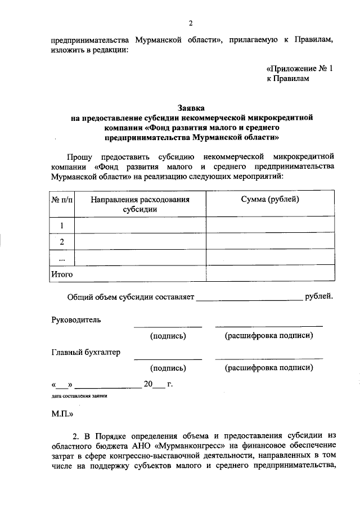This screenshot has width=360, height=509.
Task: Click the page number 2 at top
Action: click(191, 23)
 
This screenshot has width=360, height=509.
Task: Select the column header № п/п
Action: click(62, 199)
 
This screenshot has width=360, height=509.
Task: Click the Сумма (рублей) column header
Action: click(270, 199)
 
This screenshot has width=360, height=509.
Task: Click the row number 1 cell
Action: click(62, 226)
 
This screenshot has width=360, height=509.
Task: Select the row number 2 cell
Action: click(62, 242)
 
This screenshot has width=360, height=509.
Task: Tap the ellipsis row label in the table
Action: click(62, 258)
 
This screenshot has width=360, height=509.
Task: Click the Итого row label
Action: click(62, 274)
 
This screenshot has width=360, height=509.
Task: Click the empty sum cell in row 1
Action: click(270, 226)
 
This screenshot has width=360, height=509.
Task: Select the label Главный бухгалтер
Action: click(86, 352)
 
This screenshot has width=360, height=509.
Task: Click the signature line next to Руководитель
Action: click(168, 325)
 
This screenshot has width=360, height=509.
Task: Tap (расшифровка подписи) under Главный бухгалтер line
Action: click(269, 368)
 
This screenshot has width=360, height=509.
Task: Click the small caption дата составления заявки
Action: click(79, 396)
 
